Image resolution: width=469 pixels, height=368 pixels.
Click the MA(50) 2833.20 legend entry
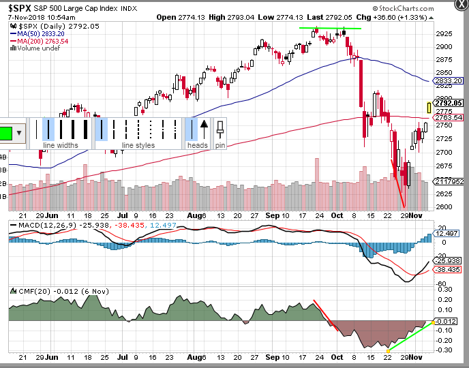pyautogui.click(x=42, y=33)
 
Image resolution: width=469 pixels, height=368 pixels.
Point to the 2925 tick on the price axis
pyautogui.click(x=444, y=33)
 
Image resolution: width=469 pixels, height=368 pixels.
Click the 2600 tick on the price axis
pyautogui.click(x=444, y=206)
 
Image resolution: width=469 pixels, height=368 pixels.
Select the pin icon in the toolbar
pyautogui.click(x=220, y=129)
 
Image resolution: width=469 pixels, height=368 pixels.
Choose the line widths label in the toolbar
pyautogui.click(x=61, y=145)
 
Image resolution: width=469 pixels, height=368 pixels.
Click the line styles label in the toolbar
pyautogui.click(x=138, y=145)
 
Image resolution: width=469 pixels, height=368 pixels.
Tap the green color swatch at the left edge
pyautogui.click(x=6, y=132)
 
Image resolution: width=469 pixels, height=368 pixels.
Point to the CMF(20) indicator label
pyautogui.click(x=27, y=290)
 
